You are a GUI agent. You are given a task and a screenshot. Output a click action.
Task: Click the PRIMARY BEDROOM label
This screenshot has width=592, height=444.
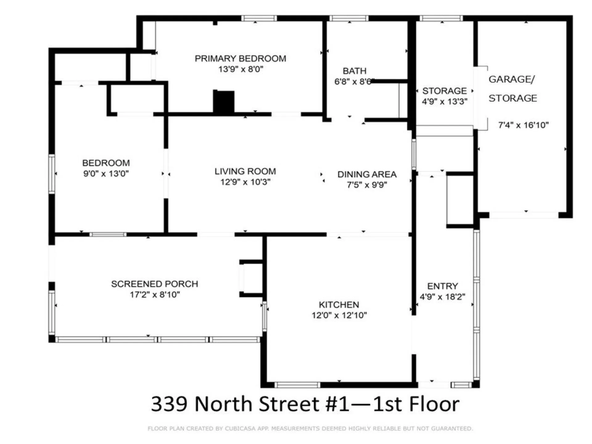[240, 59]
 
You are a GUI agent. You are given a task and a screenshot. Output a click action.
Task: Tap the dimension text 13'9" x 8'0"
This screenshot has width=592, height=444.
[240, 69]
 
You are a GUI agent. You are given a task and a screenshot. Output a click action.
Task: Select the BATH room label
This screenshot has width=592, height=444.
[355, 71]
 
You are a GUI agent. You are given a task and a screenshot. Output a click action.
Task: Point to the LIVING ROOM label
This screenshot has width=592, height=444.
[245, 171]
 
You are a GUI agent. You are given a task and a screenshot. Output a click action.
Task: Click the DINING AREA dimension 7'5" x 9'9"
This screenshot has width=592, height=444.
[367, 185]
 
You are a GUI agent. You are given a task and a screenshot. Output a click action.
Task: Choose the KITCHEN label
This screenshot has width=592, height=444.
[339, 305]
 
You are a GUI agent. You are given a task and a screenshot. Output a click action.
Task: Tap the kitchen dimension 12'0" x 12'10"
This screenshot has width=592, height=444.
[339, 315]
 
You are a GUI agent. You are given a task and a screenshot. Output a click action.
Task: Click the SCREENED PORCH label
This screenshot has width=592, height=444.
[154, 284]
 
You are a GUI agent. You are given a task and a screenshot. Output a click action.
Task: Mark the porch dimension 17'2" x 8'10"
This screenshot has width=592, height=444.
[155, 295]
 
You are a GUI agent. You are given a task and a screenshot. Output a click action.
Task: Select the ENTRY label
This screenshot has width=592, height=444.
[442, 286]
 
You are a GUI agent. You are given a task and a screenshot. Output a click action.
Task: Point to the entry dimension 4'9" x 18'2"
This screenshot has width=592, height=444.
[442, 297]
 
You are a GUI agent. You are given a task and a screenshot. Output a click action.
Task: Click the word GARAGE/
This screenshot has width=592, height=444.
[512, 79]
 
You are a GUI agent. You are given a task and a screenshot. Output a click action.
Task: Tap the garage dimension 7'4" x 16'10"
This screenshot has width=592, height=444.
[523, 125]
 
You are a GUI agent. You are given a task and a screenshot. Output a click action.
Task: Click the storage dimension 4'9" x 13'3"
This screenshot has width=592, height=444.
[444, 102]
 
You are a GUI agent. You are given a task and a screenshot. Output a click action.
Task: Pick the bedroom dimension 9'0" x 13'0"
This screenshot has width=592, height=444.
[106, 174]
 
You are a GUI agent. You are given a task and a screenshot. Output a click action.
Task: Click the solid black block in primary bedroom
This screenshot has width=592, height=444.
[224, 101]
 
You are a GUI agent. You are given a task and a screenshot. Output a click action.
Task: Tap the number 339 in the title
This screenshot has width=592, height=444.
[169, 404]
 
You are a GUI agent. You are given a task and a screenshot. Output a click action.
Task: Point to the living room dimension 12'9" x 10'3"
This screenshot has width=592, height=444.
[245, 182]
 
